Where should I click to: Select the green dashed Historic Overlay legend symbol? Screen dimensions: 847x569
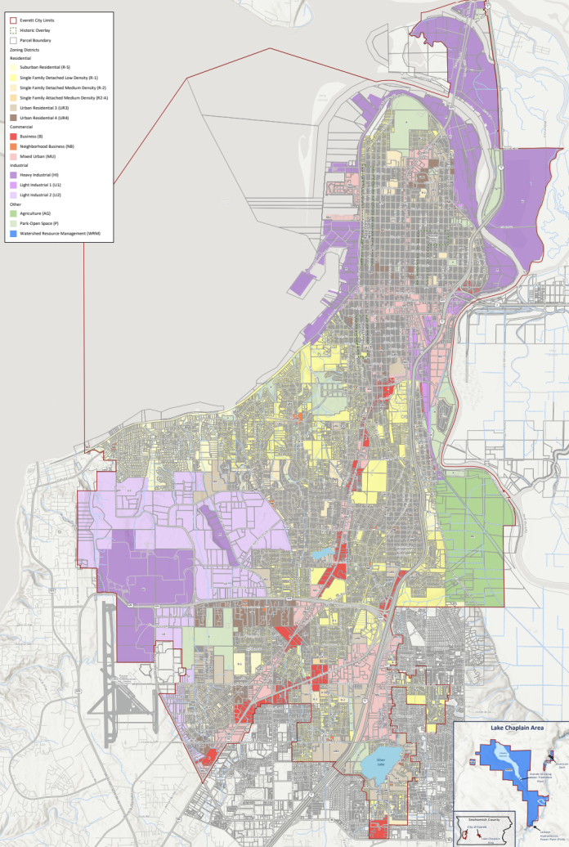point(12,29)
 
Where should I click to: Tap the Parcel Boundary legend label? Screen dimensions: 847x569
point(38,39)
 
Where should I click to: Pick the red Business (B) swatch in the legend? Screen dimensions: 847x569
point(12,137)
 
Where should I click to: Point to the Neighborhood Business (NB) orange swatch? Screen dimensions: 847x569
point(12,146)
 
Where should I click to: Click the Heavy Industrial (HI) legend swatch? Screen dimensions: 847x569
point(12,175)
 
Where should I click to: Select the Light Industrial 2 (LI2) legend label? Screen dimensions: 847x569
point(41,195)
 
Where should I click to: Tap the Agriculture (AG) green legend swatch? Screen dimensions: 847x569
point(12,213)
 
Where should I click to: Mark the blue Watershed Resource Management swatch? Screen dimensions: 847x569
point(12,233)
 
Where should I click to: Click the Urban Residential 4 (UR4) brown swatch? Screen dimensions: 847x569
point(12,118)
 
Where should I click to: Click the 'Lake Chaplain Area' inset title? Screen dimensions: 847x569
point(511,727)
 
